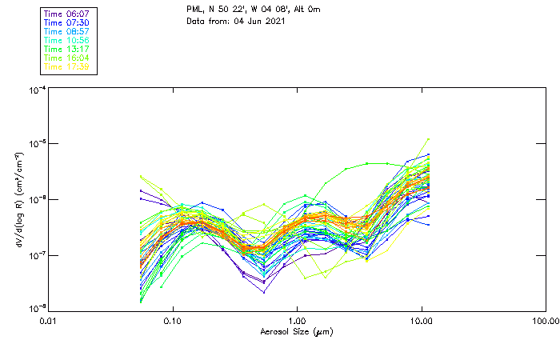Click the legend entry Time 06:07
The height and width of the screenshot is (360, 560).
pos(67,14)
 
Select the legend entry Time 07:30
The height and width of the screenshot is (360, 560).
pos(67,23)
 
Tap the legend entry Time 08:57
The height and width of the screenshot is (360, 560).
pos(67,32)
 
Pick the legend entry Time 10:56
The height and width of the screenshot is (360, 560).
pos(67,41)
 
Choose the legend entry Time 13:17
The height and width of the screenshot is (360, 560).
pos(67,50)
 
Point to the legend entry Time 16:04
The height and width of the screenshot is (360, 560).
pos(67,58)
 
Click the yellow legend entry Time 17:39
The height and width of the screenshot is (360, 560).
pos(67,67)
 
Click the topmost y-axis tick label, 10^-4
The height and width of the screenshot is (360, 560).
pos(37,91)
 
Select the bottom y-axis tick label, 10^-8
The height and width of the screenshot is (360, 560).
pos(37,308)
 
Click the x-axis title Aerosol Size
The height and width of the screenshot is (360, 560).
pos(295,331)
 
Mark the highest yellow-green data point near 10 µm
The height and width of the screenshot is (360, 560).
pos(429,139)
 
